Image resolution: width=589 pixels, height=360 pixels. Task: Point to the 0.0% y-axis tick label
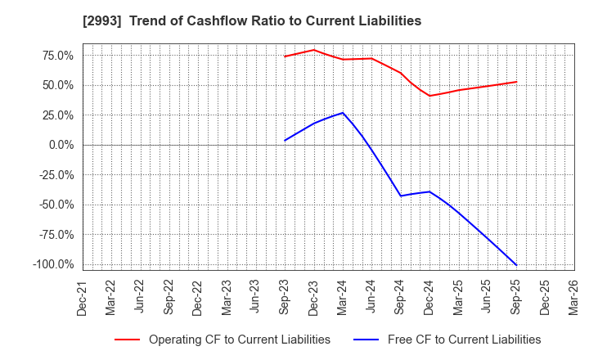(61, 145)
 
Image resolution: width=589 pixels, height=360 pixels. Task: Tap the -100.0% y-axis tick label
(54, 264)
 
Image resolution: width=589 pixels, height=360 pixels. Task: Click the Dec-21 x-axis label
(83, 298)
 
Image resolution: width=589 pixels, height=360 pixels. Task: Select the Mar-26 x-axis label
(573, 298)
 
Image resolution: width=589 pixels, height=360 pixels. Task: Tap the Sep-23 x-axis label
(285, 298)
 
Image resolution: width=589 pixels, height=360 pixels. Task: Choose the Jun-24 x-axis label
(371, 298)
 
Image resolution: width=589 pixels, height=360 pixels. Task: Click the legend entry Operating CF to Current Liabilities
(239, 340)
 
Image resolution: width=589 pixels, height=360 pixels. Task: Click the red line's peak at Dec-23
(313, 50)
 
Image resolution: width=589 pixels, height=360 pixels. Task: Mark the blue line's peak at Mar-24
(343, 113)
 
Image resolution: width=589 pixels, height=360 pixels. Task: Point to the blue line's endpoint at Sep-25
(516, 265)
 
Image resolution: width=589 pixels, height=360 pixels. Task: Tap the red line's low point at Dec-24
(429, 96)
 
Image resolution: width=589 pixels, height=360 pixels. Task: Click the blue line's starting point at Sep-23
(285, 141)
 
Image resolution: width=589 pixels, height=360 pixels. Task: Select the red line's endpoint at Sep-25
(516, 82)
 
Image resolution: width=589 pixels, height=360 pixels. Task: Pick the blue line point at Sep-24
(401, 196)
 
